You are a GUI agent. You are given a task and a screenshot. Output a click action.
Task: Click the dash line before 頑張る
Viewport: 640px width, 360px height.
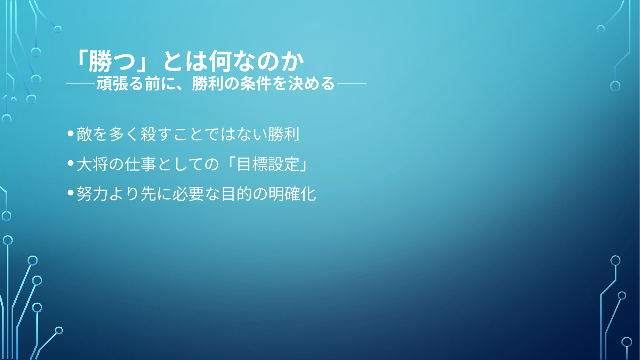click(81, 84)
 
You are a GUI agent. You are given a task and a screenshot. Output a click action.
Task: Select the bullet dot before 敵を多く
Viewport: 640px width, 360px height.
click(71, 134)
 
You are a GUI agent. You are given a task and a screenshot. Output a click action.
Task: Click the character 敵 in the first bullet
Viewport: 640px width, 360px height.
click(84, 134)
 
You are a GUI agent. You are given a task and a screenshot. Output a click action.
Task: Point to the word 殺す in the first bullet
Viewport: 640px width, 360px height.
click(156, 134)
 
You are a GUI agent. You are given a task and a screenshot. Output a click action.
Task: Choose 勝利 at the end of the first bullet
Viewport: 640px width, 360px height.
click(283, 134)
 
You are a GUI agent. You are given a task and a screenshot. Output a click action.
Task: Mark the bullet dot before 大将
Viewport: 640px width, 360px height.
click(71, 164)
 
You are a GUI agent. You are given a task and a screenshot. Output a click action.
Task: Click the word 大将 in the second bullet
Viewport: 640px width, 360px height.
click(92, 164)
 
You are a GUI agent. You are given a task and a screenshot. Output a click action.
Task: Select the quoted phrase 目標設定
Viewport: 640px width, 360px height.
click(268, 164)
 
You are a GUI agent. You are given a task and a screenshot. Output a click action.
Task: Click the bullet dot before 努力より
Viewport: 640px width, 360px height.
click(71, 193)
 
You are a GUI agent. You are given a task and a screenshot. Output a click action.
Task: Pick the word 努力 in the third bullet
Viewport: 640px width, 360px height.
click(92, 194)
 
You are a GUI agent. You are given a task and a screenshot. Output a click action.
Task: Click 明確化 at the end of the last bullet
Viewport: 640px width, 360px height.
click(292, 194)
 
